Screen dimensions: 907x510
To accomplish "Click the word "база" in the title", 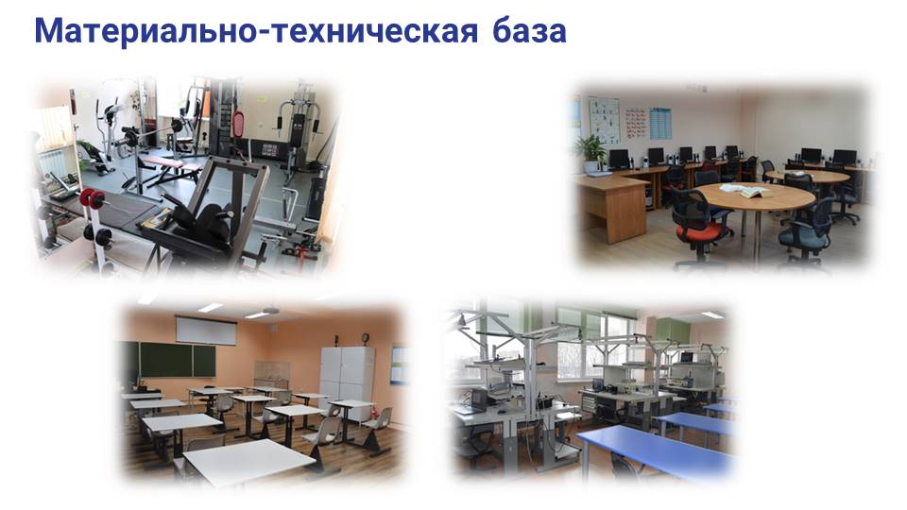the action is (x=529, y=31).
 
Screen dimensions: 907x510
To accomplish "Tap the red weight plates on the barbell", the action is (x=94, y=198).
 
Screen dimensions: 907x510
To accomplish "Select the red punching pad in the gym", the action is (x=238, y=125).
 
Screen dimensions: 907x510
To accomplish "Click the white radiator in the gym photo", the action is (x=56, y=163).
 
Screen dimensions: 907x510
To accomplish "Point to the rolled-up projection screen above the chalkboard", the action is (x=206, y=330).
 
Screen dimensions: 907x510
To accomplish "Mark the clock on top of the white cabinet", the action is (x=365, y=338).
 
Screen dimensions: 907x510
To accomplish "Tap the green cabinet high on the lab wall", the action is (x=673, y=331).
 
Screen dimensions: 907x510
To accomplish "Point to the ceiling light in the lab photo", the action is (x=712, y=314).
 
